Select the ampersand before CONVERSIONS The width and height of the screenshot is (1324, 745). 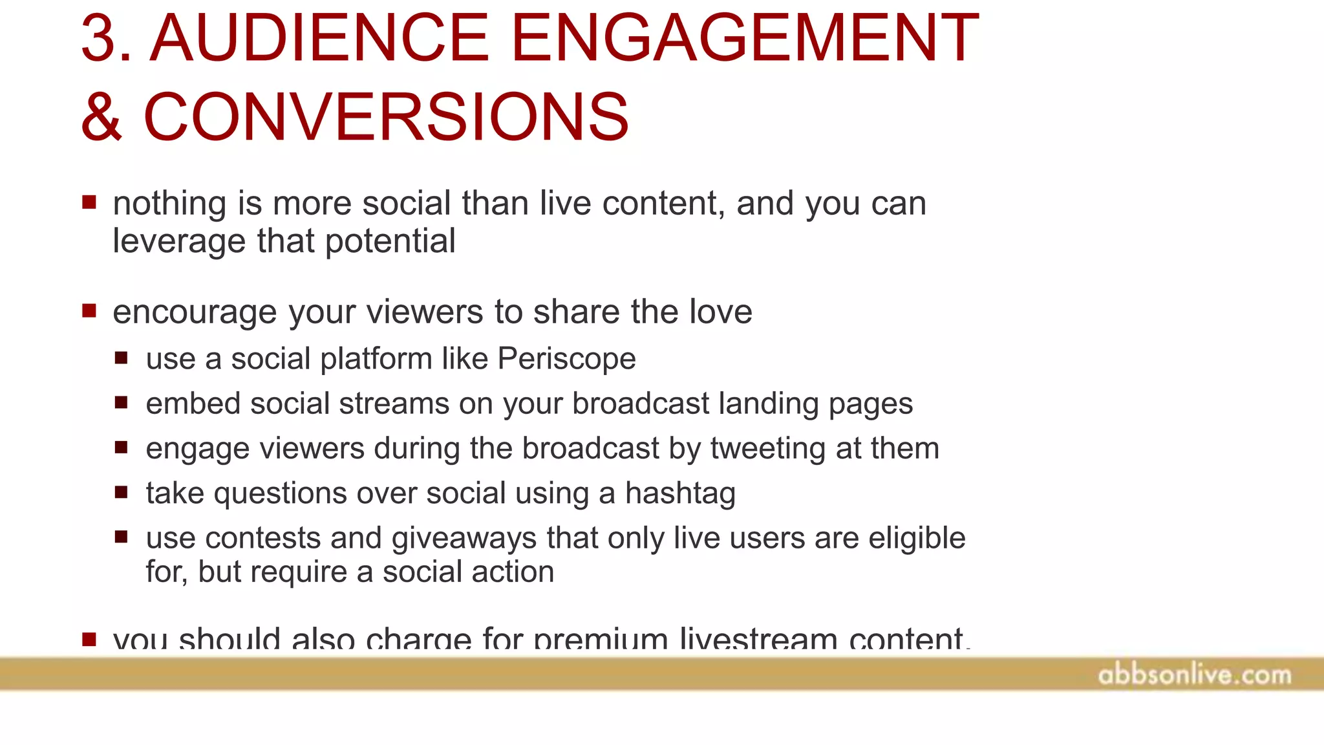(x=101, y=118)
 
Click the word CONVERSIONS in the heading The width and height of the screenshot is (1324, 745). (x=386, y=118)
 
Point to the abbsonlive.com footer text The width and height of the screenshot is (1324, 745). (x=1194, y=675)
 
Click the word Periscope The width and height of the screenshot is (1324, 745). (x=566, y=358)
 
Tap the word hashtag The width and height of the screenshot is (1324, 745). (x=680, y=494)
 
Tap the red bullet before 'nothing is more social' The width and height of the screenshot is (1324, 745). (x=89, y=203)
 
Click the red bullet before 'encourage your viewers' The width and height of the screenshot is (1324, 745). (x=89, y=312)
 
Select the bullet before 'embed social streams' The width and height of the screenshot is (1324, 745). (x=121, y=403)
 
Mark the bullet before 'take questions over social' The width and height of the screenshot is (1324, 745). (x=121, y=493)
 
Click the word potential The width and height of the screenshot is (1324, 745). (x=390, y=242)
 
